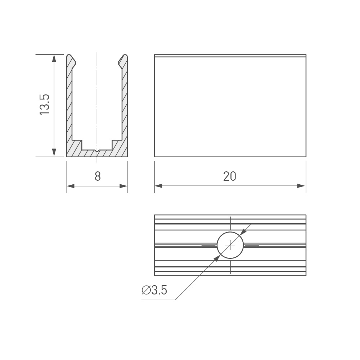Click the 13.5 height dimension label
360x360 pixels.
coord(44,105)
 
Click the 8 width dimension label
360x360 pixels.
coord(97,176)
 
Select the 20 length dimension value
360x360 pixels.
coord(229,176)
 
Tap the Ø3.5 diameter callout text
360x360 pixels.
coord(154,290)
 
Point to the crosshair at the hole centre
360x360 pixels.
coord(230,245)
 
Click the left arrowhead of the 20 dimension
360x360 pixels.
coord(158,186)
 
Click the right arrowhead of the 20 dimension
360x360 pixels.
coord(302,186)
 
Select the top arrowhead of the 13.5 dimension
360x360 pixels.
coord(54,59)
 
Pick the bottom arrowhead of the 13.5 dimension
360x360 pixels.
coord(54,153)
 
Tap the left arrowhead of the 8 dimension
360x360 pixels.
coord(71,186)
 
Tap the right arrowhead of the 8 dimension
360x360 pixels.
coord(123,186)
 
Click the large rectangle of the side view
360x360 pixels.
coord(230,106)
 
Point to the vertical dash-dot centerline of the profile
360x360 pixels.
coord(97,97)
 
